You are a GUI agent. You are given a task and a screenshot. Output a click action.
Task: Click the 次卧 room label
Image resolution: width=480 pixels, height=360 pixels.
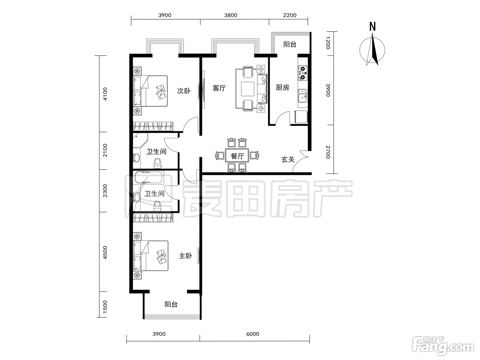coord(184,91)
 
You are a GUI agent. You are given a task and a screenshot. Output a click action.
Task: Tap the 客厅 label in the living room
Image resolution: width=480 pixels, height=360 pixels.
coord(219,88)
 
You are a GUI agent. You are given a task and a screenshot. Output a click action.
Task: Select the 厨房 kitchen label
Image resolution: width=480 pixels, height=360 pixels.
coord(283,87)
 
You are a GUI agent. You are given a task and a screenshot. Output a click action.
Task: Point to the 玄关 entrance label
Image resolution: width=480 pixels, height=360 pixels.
coord(288,159)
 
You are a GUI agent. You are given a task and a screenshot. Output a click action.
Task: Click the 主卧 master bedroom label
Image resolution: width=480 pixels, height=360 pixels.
coord(185,256)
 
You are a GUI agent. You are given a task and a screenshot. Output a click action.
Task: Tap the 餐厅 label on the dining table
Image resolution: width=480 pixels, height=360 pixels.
coord(237,156)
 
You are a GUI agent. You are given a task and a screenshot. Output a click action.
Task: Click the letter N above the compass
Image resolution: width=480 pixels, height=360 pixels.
coord(372,27)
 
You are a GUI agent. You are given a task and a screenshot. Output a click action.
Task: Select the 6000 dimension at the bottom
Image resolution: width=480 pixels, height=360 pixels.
coord(253,334)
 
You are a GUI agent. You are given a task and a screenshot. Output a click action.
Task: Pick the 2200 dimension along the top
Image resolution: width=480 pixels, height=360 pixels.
coord(290,15)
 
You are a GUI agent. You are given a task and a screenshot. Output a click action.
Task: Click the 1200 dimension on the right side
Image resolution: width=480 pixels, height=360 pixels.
coord(328,43)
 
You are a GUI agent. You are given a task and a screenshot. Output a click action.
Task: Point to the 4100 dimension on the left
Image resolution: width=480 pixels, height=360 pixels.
coord(105,94)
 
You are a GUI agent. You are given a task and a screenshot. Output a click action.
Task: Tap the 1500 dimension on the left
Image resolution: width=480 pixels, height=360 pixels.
coord(105,306)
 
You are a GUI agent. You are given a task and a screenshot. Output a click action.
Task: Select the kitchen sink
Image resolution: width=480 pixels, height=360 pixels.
coord(303,96)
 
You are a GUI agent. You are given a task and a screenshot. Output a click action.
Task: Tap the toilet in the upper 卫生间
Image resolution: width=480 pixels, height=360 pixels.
coord(157,163)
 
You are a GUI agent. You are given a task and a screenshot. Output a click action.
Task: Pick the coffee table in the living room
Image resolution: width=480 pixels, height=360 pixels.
coord(248,89)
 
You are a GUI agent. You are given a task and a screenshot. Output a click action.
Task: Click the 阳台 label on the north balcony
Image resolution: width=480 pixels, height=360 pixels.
coord(290,44)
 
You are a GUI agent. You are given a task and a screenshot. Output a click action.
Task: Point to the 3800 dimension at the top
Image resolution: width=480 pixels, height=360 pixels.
coord(231,15)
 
